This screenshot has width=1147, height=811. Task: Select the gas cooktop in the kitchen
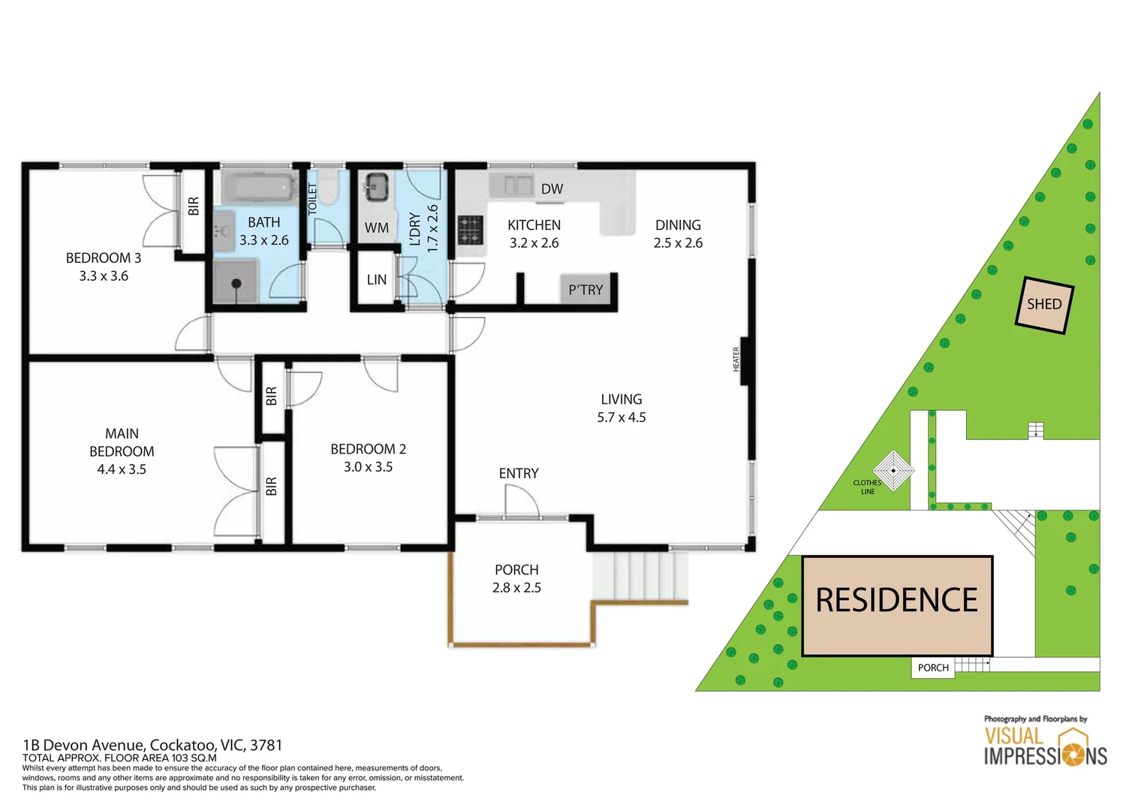[471, 230]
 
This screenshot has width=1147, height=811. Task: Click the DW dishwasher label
[552, 189]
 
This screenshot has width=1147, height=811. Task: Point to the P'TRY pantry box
[586, 290]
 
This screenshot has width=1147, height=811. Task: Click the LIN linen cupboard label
[376, 280]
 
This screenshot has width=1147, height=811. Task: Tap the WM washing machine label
[376, 228]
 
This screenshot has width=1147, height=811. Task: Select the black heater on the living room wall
[745, 360]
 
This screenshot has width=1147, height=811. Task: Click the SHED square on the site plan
[1044, 304]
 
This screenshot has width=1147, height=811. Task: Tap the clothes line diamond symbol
[893, 471]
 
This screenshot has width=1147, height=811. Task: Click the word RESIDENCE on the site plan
[897, 601]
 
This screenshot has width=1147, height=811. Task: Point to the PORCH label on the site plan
[933, 668]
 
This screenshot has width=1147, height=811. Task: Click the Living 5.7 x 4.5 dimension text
[621, 418]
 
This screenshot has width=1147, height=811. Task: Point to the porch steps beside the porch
[640, 576]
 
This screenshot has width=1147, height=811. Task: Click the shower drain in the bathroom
[236, 283]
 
